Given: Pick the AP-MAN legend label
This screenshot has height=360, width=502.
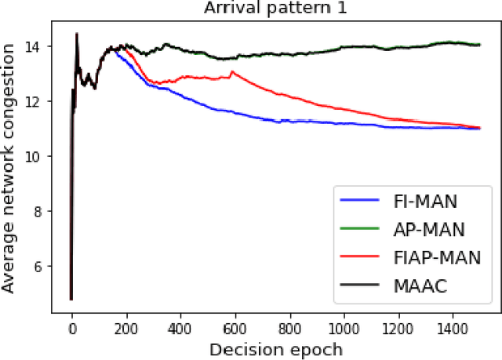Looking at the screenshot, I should click(429, 229).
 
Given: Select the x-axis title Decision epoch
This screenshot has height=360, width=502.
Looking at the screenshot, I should click(276, 348).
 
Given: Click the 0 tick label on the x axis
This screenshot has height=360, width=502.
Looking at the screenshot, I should click(71, 325).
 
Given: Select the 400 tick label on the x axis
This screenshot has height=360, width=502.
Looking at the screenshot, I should click(180, 325).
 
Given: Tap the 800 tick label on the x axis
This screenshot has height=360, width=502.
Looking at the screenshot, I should click(289, 325).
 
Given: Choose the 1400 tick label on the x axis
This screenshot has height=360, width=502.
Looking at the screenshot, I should click(453, 325).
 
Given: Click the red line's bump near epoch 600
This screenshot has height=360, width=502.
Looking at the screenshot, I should click(231, 72).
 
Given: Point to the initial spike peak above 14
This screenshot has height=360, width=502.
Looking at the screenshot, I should click(76, 34).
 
